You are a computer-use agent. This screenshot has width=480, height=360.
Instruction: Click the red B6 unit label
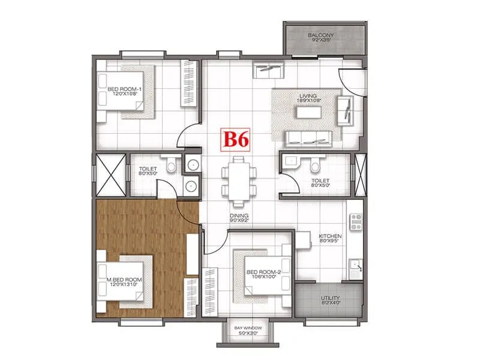point(236,139)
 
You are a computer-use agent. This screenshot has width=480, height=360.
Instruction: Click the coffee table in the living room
point(307,112)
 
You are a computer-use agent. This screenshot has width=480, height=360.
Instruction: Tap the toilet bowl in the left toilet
point(171,164)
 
